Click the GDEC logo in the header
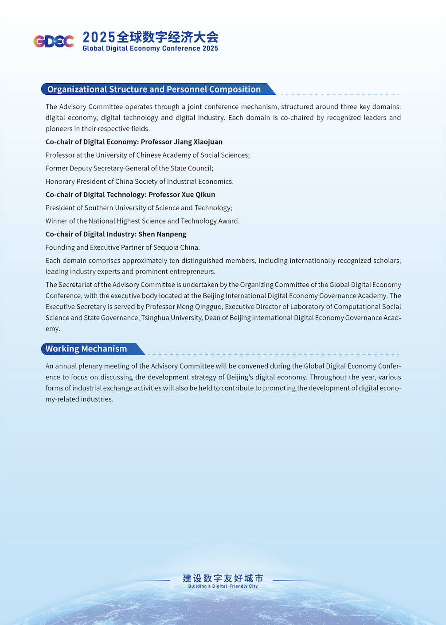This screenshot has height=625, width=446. [54, 41]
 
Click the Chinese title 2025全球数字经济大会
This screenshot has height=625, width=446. [150, 37]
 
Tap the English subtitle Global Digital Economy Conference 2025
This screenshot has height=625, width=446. [150, 49]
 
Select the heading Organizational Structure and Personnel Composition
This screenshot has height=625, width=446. [154, 89]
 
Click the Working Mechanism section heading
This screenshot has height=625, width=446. [86, 349]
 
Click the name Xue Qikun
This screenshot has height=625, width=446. [198, 195]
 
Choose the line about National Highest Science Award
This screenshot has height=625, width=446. [142, 221]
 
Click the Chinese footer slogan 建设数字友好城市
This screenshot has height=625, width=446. [223, 578]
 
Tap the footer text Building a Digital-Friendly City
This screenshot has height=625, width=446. [223, 586]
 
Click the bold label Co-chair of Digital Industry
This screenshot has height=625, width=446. [90, 234]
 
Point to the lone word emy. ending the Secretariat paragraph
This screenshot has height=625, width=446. [53, 329]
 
